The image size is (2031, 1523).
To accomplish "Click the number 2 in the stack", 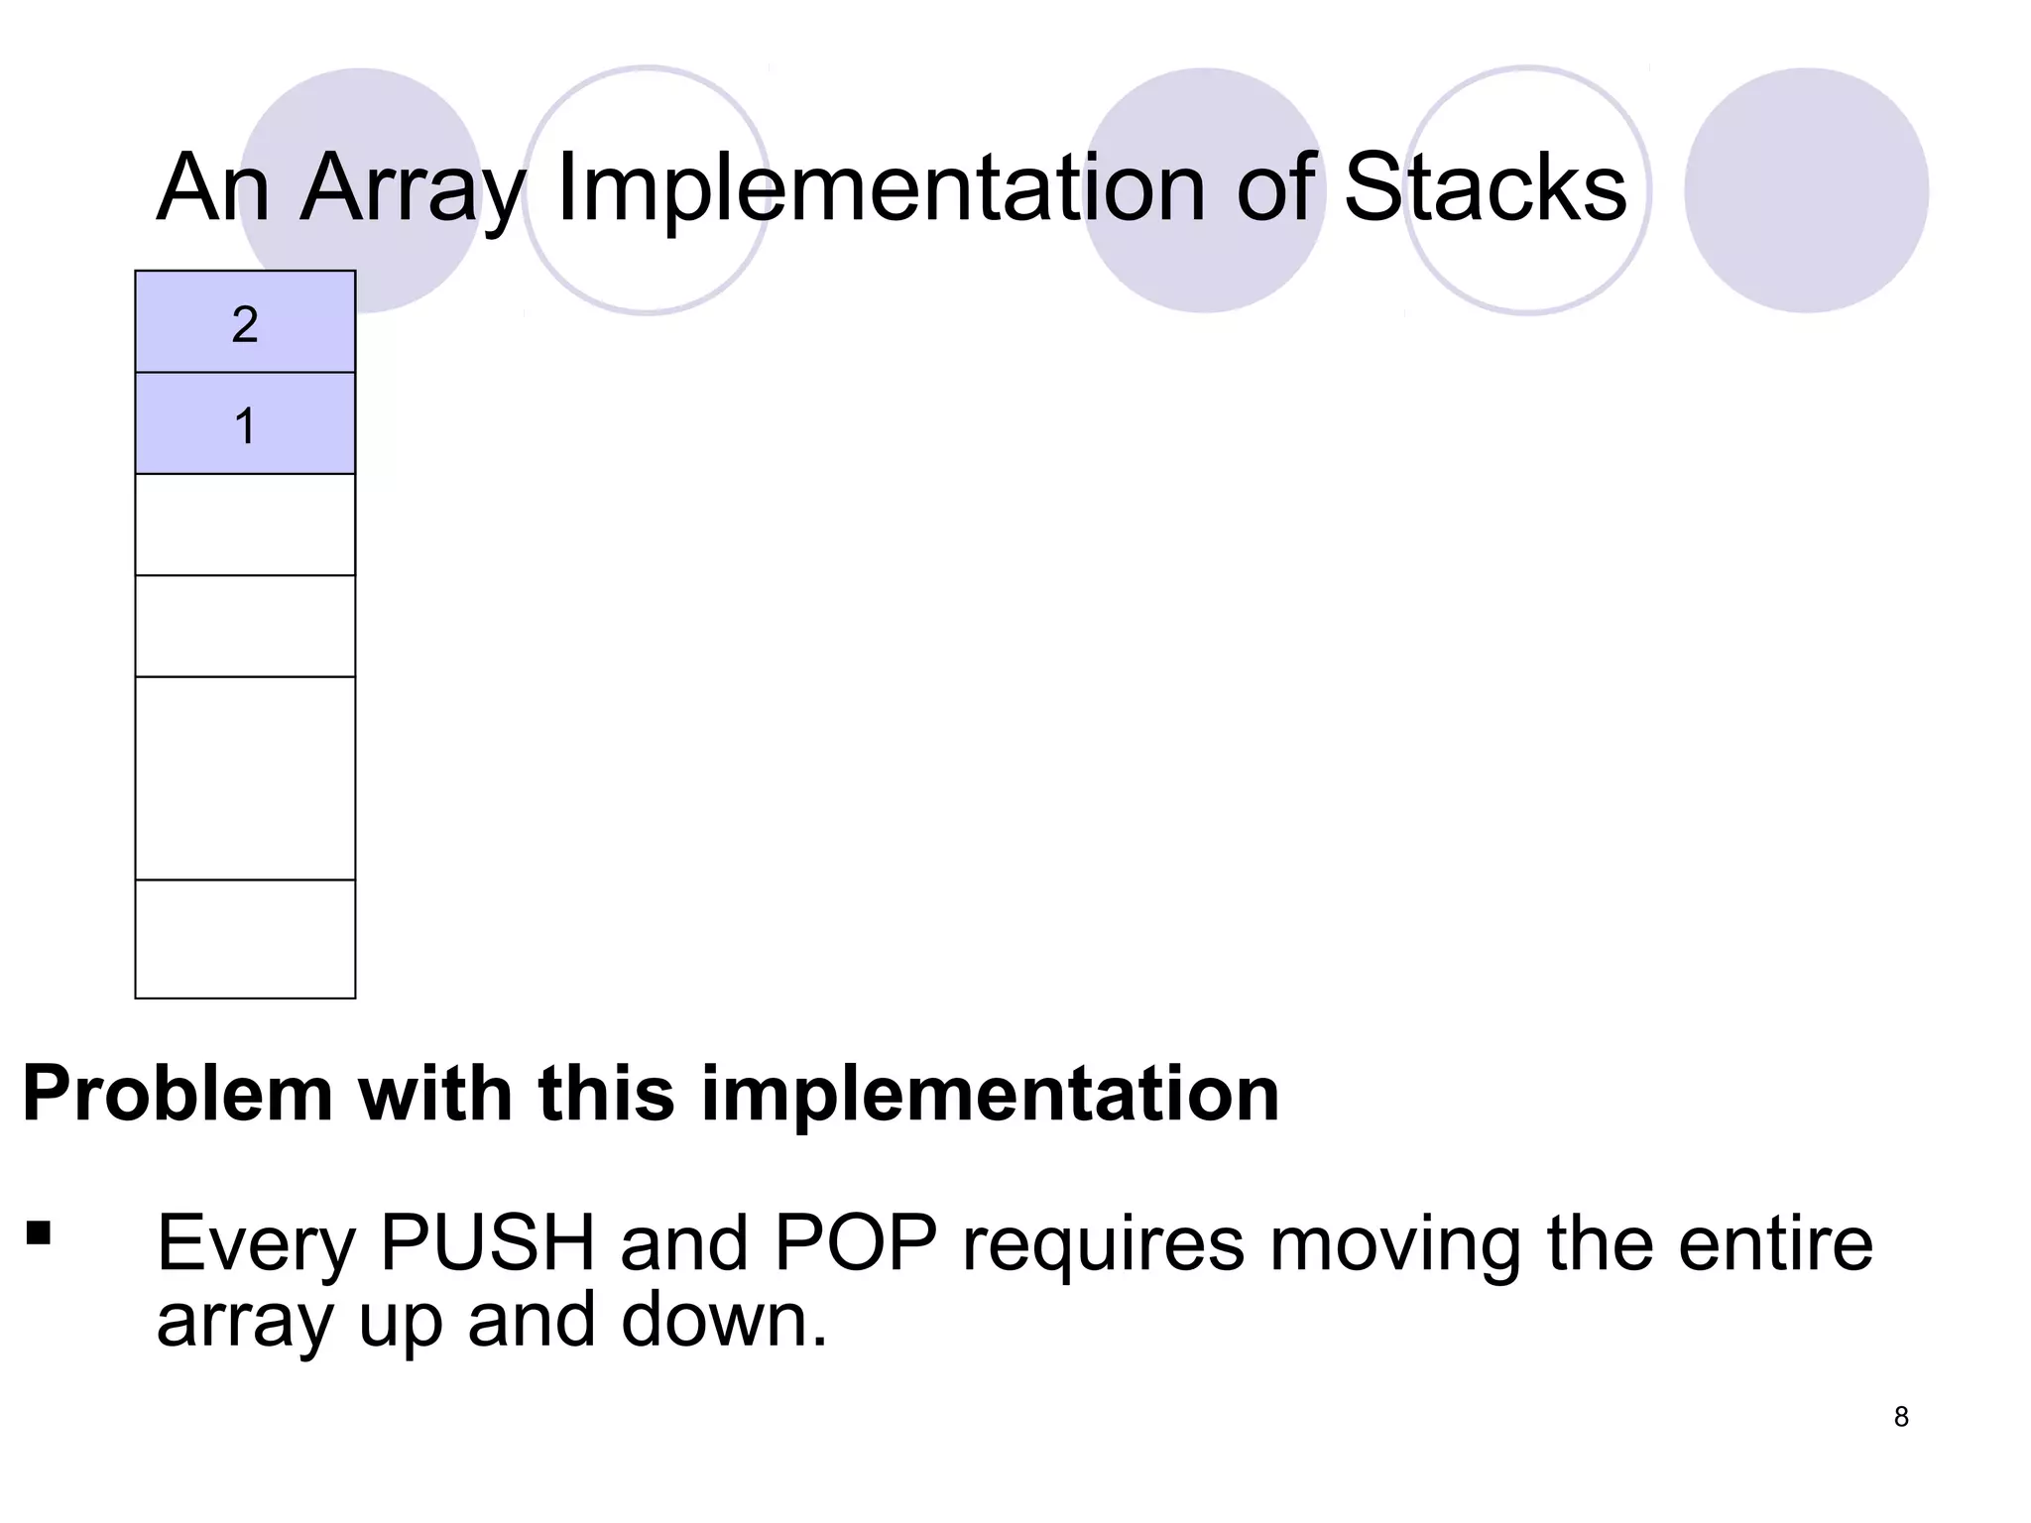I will click(x=245, y=324).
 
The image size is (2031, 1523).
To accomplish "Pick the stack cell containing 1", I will click(x=245, y=425).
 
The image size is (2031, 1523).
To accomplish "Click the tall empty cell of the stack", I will click(x=245, y=778).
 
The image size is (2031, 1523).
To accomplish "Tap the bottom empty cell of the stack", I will click(x=245, y=938).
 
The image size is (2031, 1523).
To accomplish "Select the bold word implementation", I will click(x=990, y=1095).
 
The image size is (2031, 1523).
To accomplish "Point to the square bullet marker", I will click(x=40, y=1232).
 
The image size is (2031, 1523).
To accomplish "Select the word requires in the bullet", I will click(x=1103, y=1244).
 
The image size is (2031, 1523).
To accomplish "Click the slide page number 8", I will click(x=1901, y=1417).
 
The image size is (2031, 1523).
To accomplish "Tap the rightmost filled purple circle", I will click(x=1806, y=190).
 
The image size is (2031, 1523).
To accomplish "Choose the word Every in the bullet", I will click(x=256, y=1244).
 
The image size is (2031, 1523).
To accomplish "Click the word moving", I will click(x=1395, y=1244).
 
